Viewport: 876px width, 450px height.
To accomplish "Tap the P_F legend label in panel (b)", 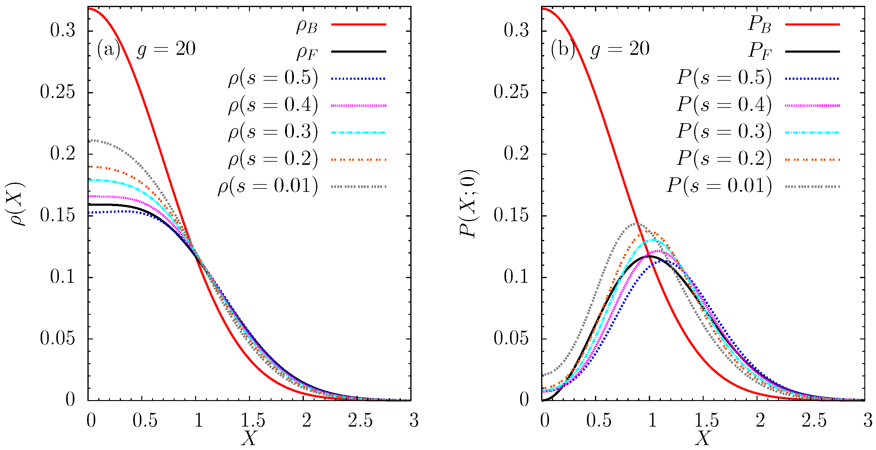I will pos(760,52).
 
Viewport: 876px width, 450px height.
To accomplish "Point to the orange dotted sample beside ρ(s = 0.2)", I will pos(358,159).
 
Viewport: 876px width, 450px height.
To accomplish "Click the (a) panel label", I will pos(108,50).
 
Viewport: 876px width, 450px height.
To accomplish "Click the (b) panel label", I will pos(562,50).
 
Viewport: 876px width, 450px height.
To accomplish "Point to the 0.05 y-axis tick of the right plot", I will pos(511,339).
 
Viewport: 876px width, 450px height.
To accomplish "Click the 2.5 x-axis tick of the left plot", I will pos(360,420).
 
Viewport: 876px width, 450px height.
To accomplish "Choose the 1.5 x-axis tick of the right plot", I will pos(707,420).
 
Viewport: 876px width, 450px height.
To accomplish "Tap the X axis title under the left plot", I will pos(249,438).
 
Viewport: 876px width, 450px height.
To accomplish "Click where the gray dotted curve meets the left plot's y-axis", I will pos(89,140).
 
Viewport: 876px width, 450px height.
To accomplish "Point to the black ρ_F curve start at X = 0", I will pos(89,204).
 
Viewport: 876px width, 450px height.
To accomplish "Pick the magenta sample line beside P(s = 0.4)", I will pos(812,106).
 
